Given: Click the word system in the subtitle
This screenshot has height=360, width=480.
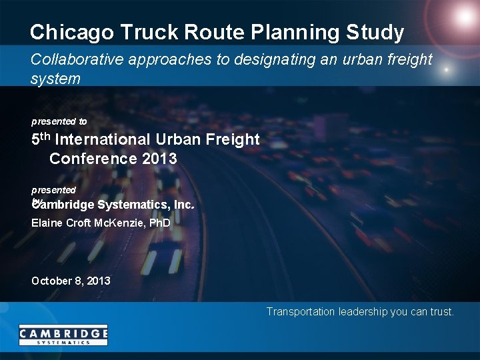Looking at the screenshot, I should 55,79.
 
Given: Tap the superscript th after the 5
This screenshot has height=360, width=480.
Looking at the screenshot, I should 45,137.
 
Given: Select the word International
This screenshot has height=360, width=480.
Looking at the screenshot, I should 102,140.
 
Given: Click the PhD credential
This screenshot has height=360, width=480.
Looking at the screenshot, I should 159,223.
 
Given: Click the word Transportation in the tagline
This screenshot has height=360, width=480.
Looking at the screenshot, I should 301,311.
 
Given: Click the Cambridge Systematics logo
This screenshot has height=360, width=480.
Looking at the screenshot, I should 63,335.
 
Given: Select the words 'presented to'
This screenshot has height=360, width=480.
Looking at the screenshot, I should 59,121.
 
